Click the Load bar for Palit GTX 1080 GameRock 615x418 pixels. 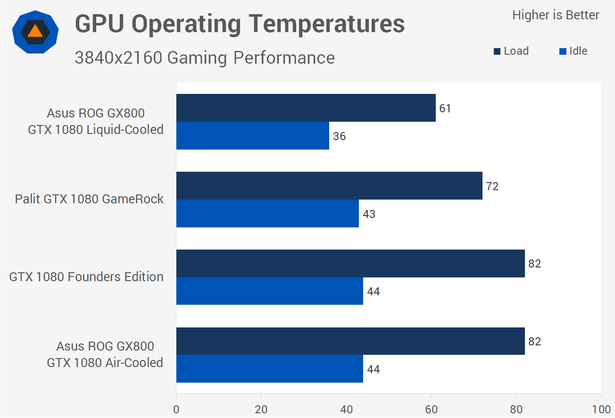(329, 185)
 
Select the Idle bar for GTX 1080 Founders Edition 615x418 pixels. (269, 291)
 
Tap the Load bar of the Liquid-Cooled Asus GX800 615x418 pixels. (306, 108)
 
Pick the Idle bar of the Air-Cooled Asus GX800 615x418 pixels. (269, 369)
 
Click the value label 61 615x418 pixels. (445, 109)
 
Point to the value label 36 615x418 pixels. (339, 136)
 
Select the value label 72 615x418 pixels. (492, 186)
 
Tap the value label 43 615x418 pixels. (369, 214)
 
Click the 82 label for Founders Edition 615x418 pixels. (534, 264)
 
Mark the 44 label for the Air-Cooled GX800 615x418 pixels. (373, 369)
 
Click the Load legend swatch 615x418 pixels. (497, 51)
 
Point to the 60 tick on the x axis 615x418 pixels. (431, 409)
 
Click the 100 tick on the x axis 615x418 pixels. (601, 409)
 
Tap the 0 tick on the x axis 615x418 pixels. (176, 409)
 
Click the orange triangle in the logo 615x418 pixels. (35, 32)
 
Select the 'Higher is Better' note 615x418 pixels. (556, 15)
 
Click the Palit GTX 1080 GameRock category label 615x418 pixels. (89, 199)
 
